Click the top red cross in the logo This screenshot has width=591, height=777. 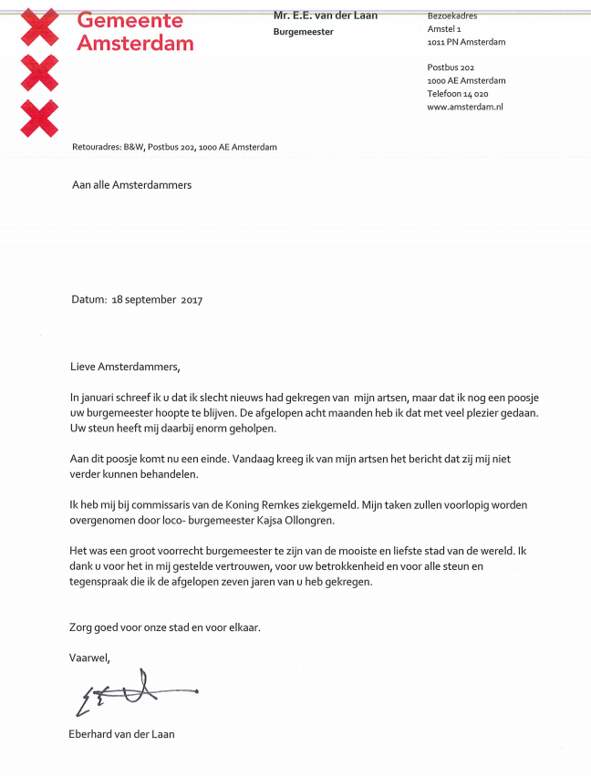click(39, 26)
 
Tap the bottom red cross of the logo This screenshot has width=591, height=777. click(39, 118)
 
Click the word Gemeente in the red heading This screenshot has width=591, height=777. click(130, 20)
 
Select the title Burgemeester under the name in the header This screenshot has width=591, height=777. click(303, 32)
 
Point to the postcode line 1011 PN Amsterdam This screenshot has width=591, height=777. click(466, 42)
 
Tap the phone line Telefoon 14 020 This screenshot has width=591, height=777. click(458, 94)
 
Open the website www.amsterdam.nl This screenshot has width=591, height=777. click(465, 107)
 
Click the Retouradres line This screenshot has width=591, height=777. click(174, 147)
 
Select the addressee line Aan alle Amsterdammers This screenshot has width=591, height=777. click(132, 184)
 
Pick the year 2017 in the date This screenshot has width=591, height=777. click(192, 300)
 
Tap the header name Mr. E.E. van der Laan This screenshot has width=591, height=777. click(326, 16)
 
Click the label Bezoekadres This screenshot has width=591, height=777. click(452, 16)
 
